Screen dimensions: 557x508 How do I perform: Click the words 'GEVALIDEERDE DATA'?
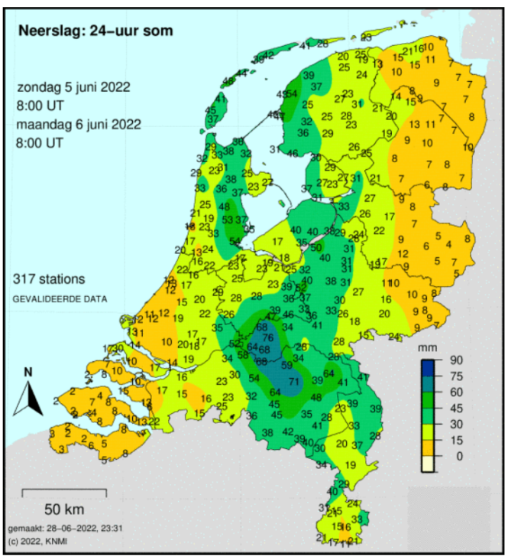[x=59, y=298]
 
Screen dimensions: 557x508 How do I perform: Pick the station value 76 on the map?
[x=267, y=338]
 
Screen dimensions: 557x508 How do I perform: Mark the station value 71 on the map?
[x=293, y=382]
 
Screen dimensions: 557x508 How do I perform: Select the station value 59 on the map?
[x=287, y=365]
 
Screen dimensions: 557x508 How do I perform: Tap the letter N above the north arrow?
[x=28, y=373]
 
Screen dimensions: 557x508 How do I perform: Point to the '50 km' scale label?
[x=63, y=509]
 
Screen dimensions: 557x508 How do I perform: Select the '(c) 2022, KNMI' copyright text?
[x=37, y=540]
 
